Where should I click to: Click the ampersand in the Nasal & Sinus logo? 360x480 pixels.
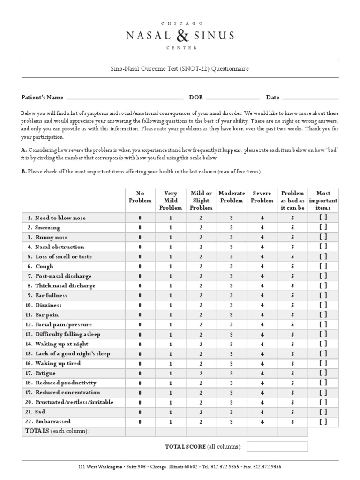[x=180, y=35]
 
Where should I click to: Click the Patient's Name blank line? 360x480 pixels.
[x=124, y=98]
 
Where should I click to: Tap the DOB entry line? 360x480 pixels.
[x=233, y=98]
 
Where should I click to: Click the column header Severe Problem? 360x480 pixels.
[x=262, y=197]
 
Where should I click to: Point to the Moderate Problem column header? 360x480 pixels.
[x=232, y=197]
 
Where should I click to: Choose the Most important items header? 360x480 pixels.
[x=323, y=200]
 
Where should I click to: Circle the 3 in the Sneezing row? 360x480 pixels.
[x=231, y=227]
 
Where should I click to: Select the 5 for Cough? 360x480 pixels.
[x=292, y=266]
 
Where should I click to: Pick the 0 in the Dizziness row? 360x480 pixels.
[x=140, y=305]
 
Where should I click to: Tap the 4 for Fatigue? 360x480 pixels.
[x=262, y=373]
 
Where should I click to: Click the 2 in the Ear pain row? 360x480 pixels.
[x=201, y=315]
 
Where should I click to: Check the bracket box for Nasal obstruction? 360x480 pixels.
[x=323, y=247]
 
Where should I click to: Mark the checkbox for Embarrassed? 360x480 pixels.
[x=323, y=421]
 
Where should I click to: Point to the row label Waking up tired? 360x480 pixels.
[x=58, y=363]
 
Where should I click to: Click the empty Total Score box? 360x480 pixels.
[x=277, y=446]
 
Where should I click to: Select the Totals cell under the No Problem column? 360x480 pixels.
[x=140, y=431]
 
